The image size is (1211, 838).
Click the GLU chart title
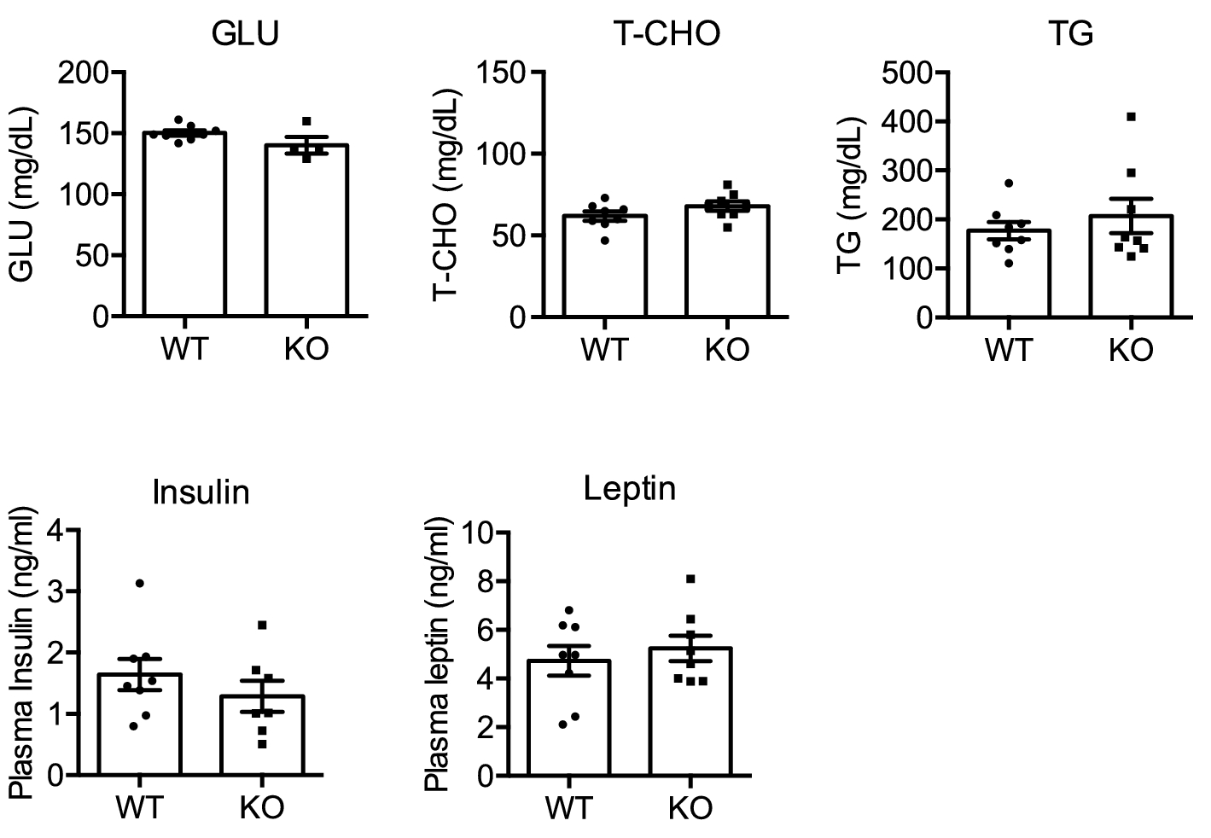click(x=246, y=33)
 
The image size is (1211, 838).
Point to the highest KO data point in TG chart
click(x=1131, y=117)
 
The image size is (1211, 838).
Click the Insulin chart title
click(x=201, y=492)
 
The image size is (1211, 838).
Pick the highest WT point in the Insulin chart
click(x=140, y=583)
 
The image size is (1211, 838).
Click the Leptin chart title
click(x=630, y=489)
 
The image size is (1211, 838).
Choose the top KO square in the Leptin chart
click(x=690, y=579)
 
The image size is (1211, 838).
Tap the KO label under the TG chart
click(x=1131, y=350)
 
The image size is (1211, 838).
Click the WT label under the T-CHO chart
click(x=604, y=350)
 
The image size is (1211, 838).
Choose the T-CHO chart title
click(x=667, y=33)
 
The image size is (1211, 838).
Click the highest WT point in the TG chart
click(x=1009, y=183)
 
